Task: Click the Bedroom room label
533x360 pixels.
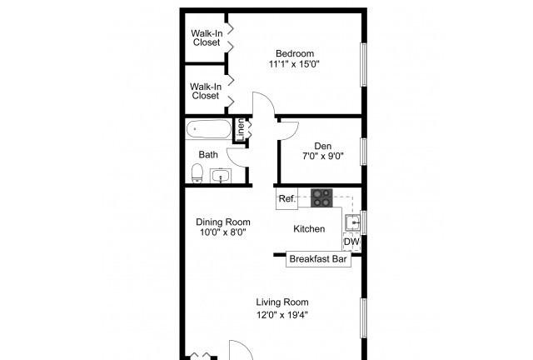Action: tap(295, 53)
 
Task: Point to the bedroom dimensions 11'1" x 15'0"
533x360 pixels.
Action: tap(294, 64)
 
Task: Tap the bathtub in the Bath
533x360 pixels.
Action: tap(209, 129)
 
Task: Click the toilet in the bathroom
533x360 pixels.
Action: tap(197, 173)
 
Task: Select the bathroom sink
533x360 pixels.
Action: tap(221, 176)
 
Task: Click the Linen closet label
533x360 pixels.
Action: tap(241, 130)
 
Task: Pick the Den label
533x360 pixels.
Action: tap(322, 146)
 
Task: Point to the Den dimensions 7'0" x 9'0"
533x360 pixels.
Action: tap(323, 156)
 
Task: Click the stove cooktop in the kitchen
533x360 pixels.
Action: tap(321, 197)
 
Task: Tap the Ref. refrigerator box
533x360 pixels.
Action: tap(286, 198)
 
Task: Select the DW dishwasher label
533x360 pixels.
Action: tap(351, 242)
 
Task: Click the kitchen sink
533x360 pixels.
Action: tap(353, 222)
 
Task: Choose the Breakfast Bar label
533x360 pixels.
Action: tap(318, 259)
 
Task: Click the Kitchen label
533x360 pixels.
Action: tap(309, 229)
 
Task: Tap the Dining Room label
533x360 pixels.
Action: tap(223, 222)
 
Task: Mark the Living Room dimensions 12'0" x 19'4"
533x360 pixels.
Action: tap(282, 315)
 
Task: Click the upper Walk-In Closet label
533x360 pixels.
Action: tap(207, 38)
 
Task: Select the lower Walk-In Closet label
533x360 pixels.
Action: tap(206, 91)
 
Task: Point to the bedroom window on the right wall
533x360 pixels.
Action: tap(364, 65)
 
